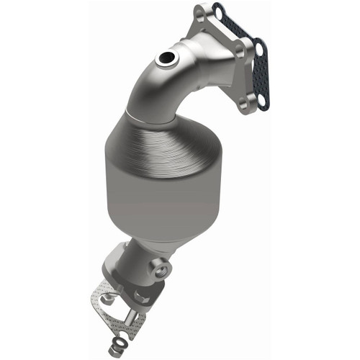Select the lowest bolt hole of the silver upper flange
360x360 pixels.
pos(244,104)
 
